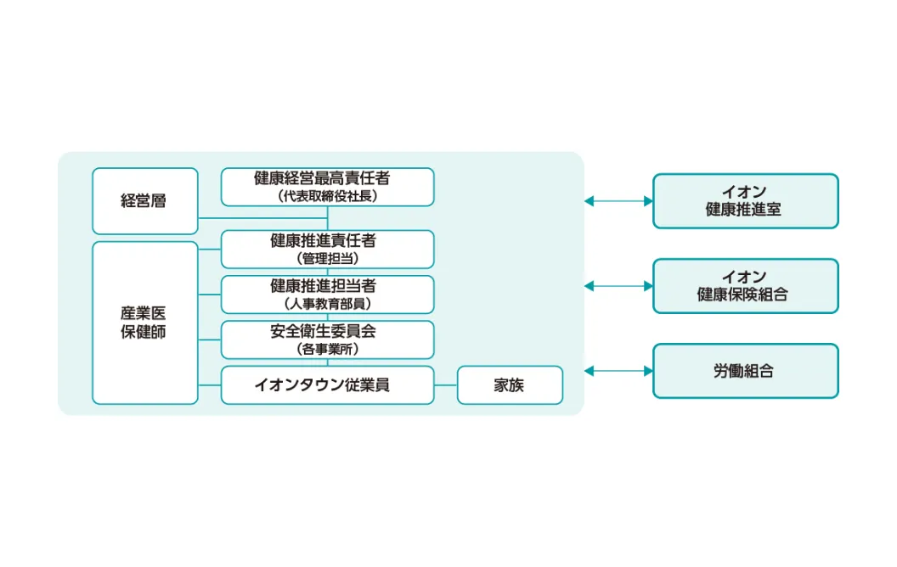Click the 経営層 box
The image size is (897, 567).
pos(144,200)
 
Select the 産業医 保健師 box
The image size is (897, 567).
pos(144,323)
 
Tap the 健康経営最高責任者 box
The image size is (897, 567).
pos(327,187)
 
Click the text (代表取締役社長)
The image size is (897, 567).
pos(327,196)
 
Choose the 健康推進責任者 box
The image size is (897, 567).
pos(327,250)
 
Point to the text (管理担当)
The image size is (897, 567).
pos(327,258)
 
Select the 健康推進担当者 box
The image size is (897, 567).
pos(327,295)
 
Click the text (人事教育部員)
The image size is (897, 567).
pos(327,304)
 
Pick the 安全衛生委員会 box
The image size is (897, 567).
pos(327,340)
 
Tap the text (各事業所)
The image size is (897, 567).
pos(327,349)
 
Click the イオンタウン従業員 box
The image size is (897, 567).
pos(327,385)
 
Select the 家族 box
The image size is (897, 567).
pos(511,385)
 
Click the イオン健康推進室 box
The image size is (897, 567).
pos(746,201)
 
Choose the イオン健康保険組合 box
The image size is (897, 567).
pos(746,286)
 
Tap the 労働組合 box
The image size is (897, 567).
pos(746,371)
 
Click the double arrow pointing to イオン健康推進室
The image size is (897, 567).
pos(618,201)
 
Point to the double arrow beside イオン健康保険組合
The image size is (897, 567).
pos(618,286)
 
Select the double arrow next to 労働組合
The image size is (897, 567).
pos(618,371)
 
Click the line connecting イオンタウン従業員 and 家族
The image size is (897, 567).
pos(446,385)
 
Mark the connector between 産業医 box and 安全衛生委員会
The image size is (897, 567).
pos(209,340)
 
